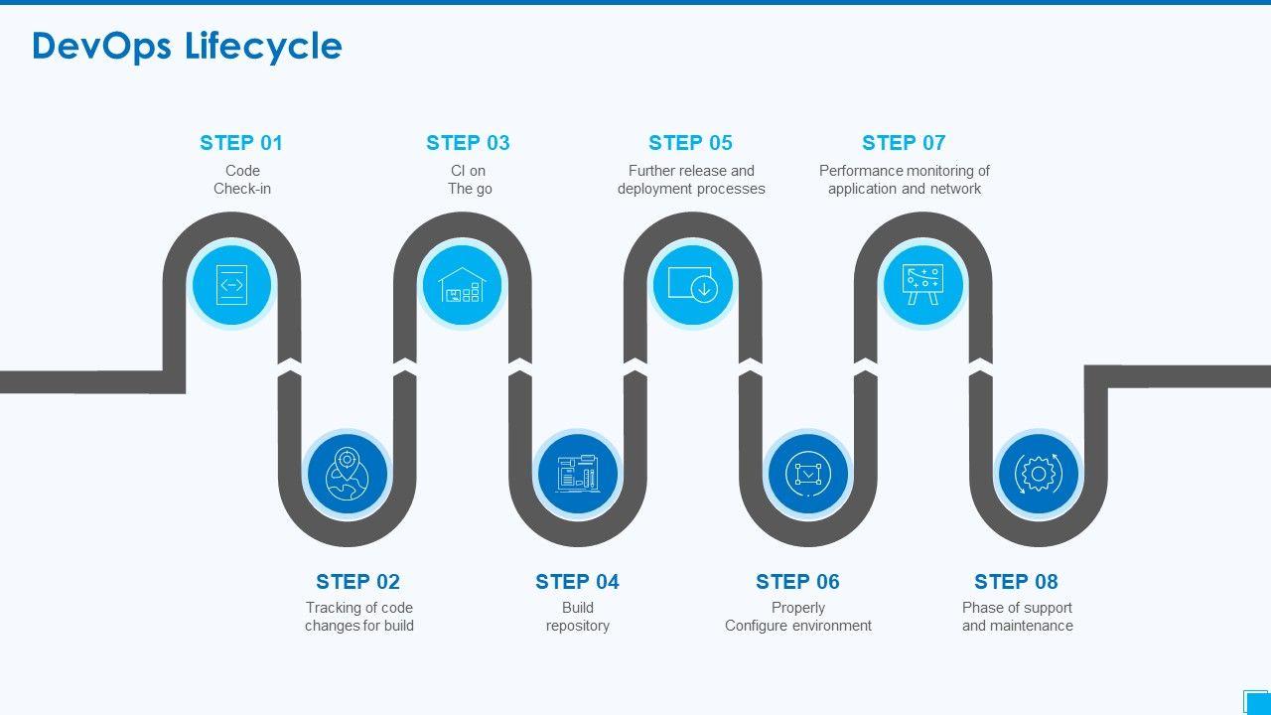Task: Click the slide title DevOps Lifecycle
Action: (x=187, y=47)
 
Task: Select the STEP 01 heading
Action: (x=241, y=143)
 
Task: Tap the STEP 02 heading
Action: (x=357, y=582)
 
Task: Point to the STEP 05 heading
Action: (x=690, y=143)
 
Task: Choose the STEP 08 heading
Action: (x=1016, y=582)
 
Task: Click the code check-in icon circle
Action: (x=231, y=285)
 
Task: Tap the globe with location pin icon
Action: (x=347, y=474)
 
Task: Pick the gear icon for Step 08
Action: (x=1038, y=474)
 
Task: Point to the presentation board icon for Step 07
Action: (x=922, y=285)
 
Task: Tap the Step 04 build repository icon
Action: (x=577, y=474)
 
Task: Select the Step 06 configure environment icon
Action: (x=807, y=474)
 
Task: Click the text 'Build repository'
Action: (x=578, y=617)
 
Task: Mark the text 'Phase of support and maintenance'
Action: (x=1017, y=617)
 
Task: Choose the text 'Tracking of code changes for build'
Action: (x=359, y=617)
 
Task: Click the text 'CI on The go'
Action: (x=469, y=180)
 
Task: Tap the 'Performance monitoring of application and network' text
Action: (x=904, y=180)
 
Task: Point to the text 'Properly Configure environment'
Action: (x=798, y=617)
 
